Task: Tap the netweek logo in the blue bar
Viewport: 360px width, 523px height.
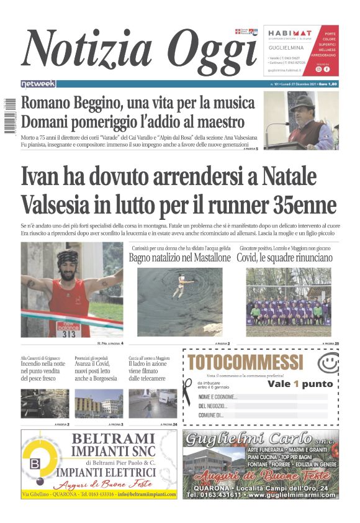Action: coord(38,83)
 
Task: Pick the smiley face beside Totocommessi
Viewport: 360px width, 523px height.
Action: coord(327,363)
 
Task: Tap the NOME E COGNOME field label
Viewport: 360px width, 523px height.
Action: coord(218,397)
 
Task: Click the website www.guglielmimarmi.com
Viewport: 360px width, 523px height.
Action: coord(291,495)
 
